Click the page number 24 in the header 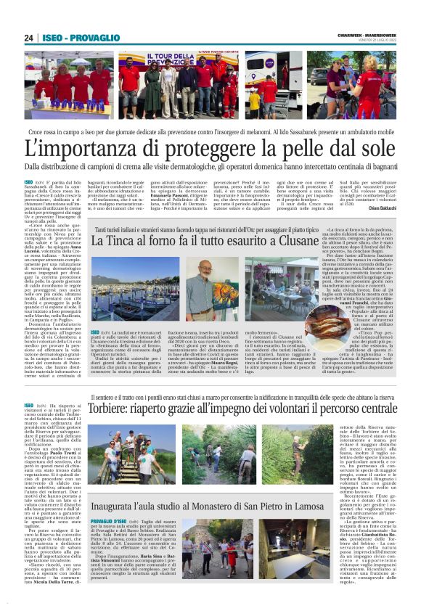pos(29,38)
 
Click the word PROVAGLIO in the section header pos(94,38)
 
